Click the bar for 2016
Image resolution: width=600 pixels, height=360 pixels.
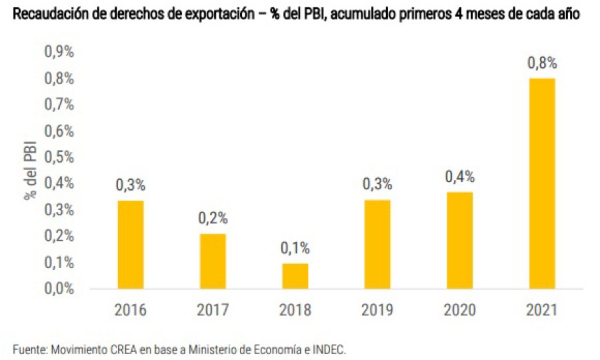(131, 245)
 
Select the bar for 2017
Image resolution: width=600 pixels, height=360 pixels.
(213, 261)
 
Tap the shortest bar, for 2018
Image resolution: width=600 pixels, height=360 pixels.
(295, 276)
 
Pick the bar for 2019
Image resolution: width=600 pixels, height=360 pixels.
(377, 245)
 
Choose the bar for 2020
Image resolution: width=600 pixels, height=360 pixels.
(459, 241)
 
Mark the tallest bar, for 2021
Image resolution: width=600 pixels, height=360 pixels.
(541, 183)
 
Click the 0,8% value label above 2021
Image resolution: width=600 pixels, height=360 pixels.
(541, 63)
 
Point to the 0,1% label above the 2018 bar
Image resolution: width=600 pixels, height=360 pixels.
(295, 248)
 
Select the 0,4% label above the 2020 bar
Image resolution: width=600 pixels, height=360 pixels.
(459, 177)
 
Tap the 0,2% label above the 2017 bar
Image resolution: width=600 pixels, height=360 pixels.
(213, 218)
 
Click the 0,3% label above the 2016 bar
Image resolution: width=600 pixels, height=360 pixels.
(131, 185)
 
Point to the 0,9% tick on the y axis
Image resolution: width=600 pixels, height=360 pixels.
(59, 52)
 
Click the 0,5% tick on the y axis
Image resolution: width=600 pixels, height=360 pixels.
(59, 157)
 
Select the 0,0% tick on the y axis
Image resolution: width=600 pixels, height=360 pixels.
(59, 289)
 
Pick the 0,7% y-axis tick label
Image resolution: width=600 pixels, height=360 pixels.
(59, 105)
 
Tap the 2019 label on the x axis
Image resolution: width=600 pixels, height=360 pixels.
(377, 310)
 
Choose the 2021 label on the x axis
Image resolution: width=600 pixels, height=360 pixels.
(541, 310)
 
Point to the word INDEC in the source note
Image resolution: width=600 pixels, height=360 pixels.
(329, 349)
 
